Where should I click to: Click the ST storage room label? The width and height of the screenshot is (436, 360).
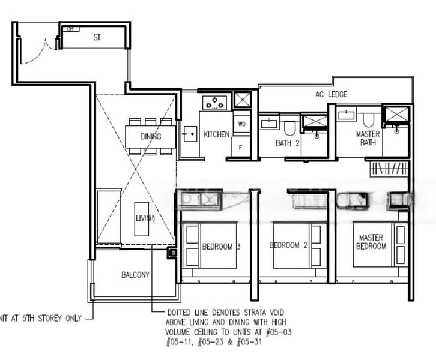tap(97, 37)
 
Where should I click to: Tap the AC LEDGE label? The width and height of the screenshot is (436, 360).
tap(331, 94)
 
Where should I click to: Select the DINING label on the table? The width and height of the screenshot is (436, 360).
tap(151, 136)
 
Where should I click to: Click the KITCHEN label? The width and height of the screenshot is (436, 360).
tap(216, 134)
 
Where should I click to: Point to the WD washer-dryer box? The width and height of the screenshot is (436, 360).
tap(241, 124)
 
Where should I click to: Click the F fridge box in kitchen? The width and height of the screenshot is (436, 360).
tap(241, 147)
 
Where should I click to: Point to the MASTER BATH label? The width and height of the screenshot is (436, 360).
tap(368, 138)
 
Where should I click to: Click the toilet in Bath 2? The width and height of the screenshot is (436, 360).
tap(289, 127)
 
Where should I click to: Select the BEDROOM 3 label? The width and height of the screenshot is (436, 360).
tap(221, 246)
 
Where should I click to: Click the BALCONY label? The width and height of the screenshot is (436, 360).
tap(135, 275)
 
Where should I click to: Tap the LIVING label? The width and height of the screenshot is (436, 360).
tap(144, 218)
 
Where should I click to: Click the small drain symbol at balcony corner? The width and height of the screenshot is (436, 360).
tap(173, 253)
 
